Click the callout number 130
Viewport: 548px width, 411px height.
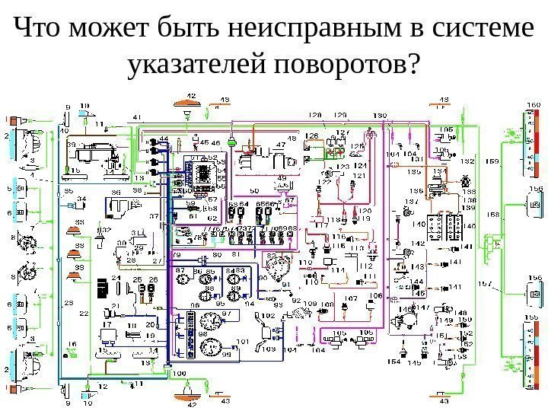[x=379, y=115]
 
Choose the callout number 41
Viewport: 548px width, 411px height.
[x=136, y=116]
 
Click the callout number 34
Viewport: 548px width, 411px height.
[x=81, y=199]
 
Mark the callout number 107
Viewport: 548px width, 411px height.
[x=352, y=298]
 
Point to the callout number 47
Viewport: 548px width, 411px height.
[x=281, y=145]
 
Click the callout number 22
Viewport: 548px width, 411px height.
[x=84, y=313]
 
